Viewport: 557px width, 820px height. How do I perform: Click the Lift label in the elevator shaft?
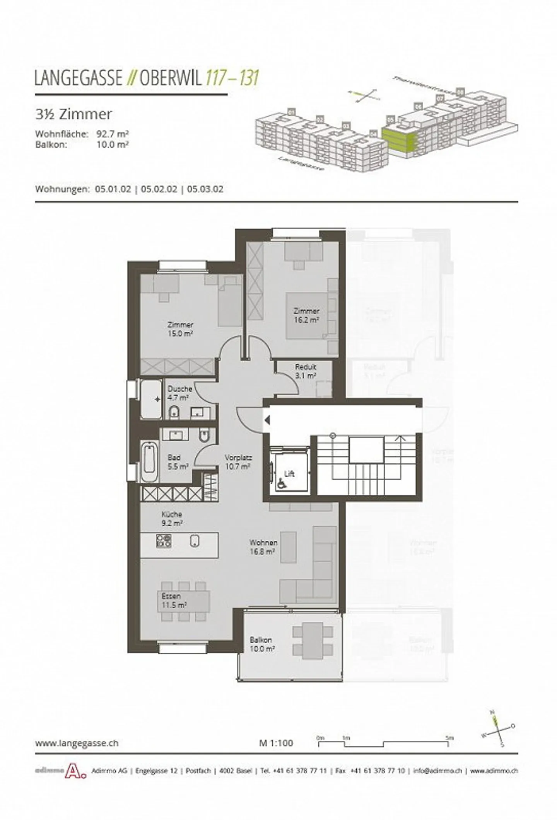[x=289, y=473]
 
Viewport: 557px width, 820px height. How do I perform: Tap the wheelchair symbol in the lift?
[x=279, y=483]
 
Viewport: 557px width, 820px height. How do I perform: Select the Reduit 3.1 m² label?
[x=306, y=371]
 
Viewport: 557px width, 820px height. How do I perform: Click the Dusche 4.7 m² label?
[x=179, y=393]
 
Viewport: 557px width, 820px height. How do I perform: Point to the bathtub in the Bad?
[x=149, y=462]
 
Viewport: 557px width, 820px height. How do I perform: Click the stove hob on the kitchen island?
[x=163, y=540]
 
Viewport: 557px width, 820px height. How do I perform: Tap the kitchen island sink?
[x=195, y=541]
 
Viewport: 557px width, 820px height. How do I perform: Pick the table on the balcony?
[x=313, y=640]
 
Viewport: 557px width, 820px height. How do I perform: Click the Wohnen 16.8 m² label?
[x=263, y=547]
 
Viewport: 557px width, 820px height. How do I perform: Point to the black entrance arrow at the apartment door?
[x=267, y=420]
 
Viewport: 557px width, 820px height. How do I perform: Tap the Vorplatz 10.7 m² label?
[x=238, y=462]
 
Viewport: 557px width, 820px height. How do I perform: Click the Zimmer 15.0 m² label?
[x=180, y=329]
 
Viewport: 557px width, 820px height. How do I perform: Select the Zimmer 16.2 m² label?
[x=306, y=315]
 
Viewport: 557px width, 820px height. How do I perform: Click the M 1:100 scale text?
[x=276, y=743]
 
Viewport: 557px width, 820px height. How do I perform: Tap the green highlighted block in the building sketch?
[x=398, y=138]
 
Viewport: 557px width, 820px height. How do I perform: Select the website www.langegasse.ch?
[x=77, y=743]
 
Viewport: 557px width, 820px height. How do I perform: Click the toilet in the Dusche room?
[x=174, y=413]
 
